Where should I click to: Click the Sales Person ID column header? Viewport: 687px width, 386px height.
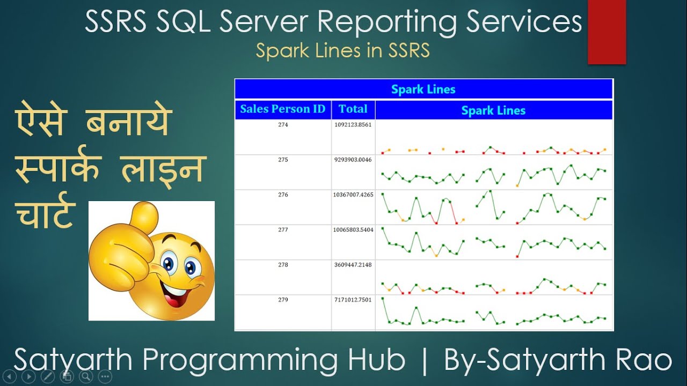(x=283, y=109)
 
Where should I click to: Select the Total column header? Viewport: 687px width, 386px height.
(x=353, y=109)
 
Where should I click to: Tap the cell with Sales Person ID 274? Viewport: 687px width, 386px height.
(x=283, y=125)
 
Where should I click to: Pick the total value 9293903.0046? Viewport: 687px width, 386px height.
(x=353, y=160)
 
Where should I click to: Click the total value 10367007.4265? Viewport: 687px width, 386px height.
(x=353, y=195)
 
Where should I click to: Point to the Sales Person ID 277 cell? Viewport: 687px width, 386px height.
(x=283, y=230)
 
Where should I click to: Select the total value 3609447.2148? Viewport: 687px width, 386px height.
(x=353, y=265)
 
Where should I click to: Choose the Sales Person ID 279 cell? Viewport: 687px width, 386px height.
(x=283, y=300)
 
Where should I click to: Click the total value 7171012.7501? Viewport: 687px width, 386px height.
(x=353, y=300)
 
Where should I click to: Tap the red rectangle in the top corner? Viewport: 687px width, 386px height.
(x=606, y=32)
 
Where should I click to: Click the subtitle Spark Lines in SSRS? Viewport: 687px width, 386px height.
(x=342, y=50)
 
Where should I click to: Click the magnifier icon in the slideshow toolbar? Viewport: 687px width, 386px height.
(x=86, y=376)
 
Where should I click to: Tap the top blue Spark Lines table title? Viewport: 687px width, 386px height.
(x=423, y=90)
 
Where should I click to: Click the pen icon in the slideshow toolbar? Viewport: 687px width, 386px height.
(x=47, y=376)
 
